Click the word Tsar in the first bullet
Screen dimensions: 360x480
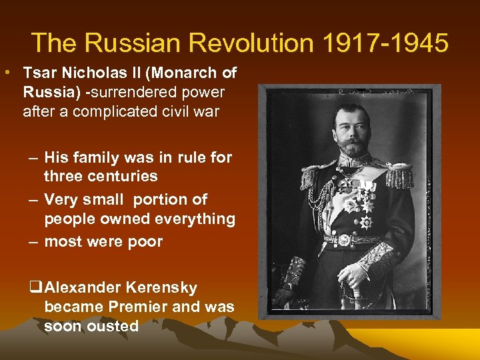pyautogui.click(x=37, y=73)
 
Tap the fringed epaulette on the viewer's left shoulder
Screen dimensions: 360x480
pyautogui.click(x=310, y=177)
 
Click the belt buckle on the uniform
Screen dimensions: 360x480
pyautogui.click(x=345, y=240)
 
